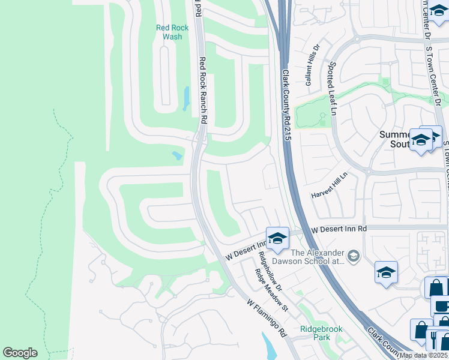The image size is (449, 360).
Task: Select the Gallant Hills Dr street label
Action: [x=313, y=67]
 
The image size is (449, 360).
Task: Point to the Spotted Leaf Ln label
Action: [x=331, y=87]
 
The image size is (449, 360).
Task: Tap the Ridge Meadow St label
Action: [x=272, y=290]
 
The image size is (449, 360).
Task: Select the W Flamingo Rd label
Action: [x=267, y=319]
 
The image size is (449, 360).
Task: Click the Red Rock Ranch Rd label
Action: [x=202, y=90]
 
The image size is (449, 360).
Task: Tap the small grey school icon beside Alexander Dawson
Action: [x=354, y=256]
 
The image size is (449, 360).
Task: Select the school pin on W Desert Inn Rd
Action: [x=277, y=238]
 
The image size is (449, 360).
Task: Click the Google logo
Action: [x=20, y=353]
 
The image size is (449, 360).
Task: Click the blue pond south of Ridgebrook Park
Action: [x=268, y=346]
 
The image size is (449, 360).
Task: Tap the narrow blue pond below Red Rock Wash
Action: [x=186, y=98]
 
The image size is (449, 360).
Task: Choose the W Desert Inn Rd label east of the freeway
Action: [x=339, y=229]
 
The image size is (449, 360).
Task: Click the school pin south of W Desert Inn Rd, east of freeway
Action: [x=386, y=272]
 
